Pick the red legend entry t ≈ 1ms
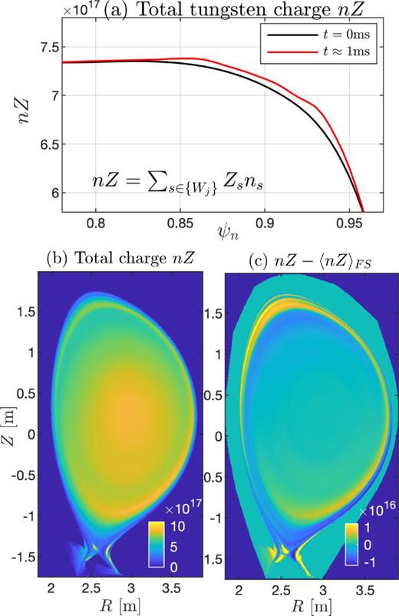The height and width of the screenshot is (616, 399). pyautogui.click(x=338, y=54)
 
